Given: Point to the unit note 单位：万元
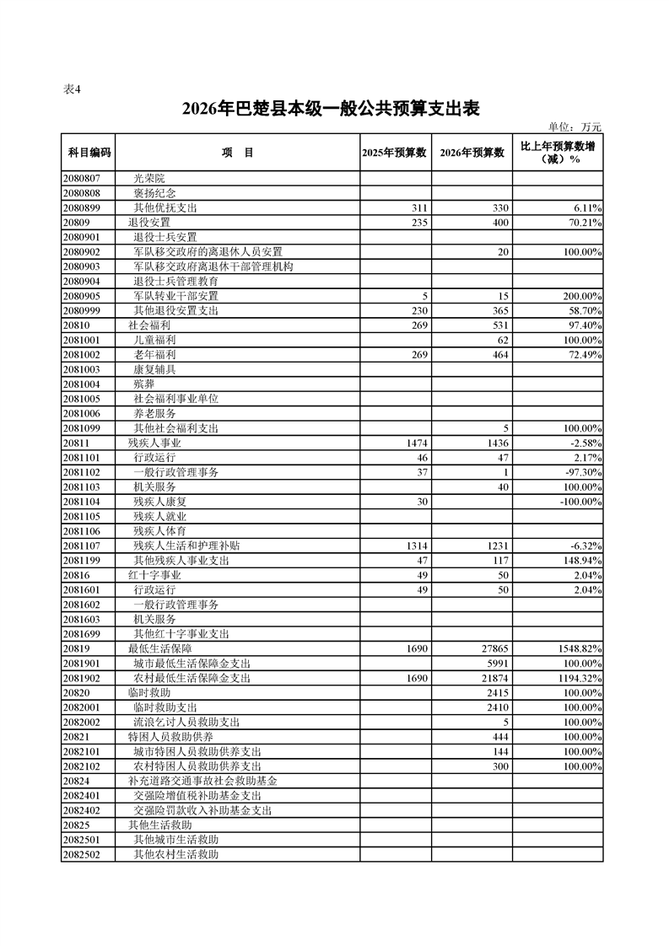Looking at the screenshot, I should pyautogui.click(x=575, y=126).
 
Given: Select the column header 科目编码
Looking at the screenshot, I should pyautogui.click(x=88, y=153).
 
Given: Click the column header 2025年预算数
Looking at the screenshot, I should pyautogui.click(x=395, y=153).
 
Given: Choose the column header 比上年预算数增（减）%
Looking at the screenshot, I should pyautogui.click(x=558, y=153).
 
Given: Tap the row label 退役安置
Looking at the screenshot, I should pyautogui.click(x=143, y=222).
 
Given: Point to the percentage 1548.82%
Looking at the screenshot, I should pyautogui.click(x=579, y=648).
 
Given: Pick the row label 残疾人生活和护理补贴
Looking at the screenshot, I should pyautogui.click(x=187, y=546).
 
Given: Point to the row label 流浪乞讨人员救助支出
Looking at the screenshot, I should pyautogui.click(x=186, y=722).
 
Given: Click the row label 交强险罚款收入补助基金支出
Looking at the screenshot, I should pyautogui.click(x=202, y=810).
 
